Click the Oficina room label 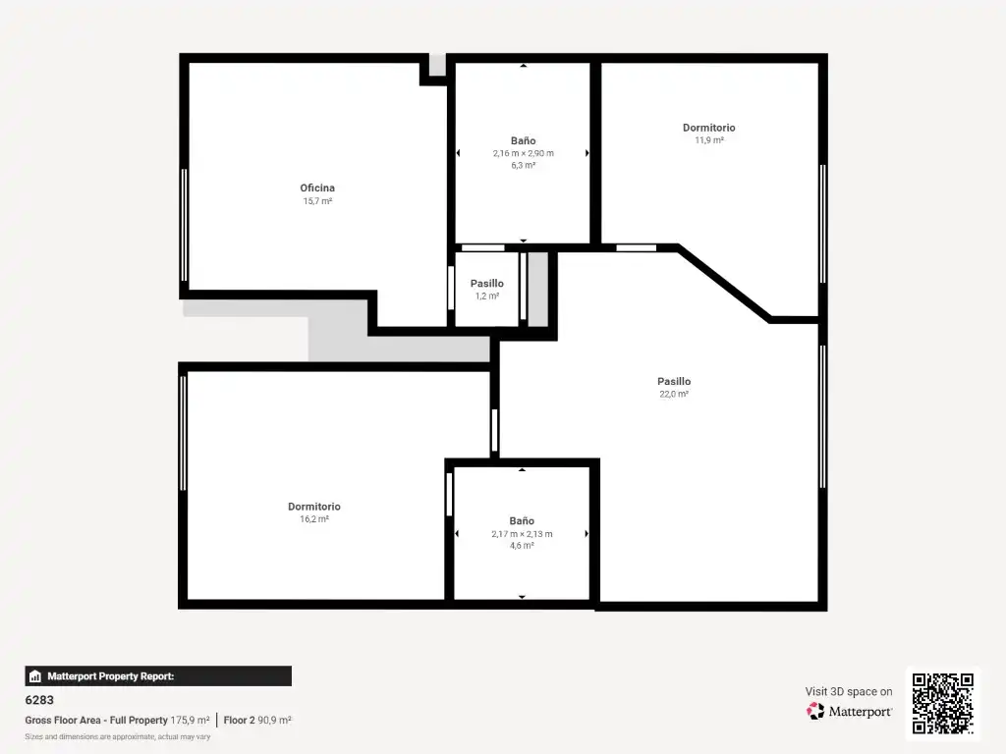(x=317, y=188)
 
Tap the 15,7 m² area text (x=317, y=200)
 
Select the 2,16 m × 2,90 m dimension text (x=523, y=153)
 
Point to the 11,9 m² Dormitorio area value (x=709, y=139)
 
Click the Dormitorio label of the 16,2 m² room (x=313, y=507)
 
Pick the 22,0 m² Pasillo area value (x=674, y=394)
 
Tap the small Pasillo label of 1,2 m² (x=487, y=284)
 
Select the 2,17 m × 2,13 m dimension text (x=522, y=533)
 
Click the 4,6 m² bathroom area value (x=522, y=546)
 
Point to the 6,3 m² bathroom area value (x=523, y=165)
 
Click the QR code (x=942, y=703)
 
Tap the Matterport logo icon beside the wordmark (x=815, y=711)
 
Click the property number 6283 (x=39, y=700)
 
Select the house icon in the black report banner (x=35, y=675)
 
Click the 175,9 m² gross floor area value (x=190, y=720)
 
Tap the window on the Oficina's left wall (x=184, y=225)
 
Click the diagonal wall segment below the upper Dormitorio (x=724, y=283)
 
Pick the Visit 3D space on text (x=848, y=691)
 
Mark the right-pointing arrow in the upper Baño (x=587, y=153)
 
